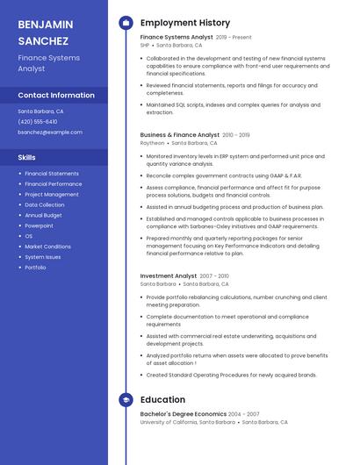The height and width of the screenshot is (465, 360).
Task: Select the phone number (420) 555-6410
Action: (38, 122)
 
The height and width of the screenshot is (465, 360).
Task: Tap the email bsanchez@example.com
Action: (50, 132)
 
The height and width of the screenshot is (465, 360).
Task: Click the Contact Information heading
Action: (56, 95)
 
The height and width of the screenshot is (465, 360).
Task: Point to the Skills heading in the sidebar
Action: (27, 157)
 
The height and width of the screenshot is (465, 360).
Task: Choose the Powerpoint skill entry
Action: (40, 225)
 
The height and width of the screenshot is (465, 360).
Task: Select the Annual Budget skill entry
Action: (44, 215)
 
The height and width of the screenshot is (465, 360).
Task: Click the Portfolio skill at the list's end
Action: (36, 268)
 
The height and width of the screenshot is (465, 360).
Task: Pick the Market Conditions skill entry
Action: (48, 247)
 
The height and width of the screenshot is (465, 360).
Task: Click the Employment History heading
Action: (184, 22)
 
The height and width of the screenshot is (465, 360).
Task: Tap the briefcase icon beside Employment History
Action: (126, 23)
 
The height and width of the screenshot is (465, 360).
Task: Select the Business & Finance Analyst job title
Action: (180, 135)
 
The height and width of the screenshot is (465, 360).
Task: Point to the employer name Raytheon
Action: (152, 142)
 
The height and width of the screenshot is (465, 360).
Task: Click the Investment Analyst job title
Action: (169, 276)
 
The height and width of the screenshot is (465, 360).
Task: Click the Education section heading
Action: (162, 400)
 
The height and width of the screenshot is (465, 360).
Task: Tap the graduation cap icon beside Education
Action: (126, 401)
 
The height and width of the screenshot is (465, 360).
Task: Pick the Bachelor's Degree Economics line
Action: (183, 414)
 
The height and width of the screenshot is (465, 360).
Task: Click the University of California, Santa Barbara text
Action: (187, 422)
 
